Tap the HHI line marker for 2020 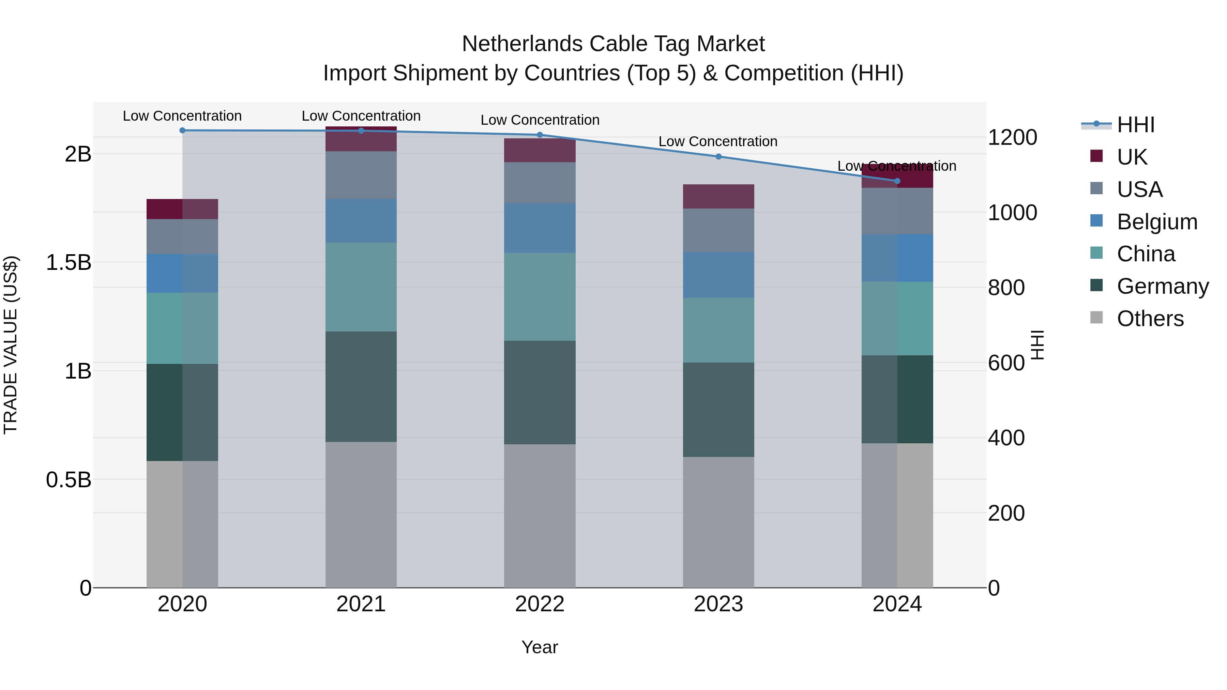tap(182, 131)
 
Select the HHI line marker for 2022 tap(540, 135)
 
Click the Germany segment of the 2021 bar tap(361, 387)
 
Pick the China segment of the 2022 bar tap(540, 297)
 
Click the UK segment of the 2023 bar tap(718, 196)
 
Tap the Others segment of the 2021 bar tap(361, 514)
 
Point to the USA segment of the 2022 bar tap(540, 183)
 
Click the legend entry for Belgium tap(1156, 222)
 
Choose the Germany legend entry tap(1162, 287)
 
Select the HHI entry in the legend tap(1136, 125)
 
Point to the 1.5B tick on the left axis tap(68, 263)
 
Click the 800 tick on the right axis tap(1006, 288)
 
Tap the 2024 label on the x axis tap(897, 604)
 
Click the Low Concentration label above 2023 tap(718, 141)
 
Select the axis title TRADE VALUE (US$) tap(11, 345)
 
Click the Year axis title tap(540, 647)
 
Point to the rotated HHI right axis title tap(1037, 345)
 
